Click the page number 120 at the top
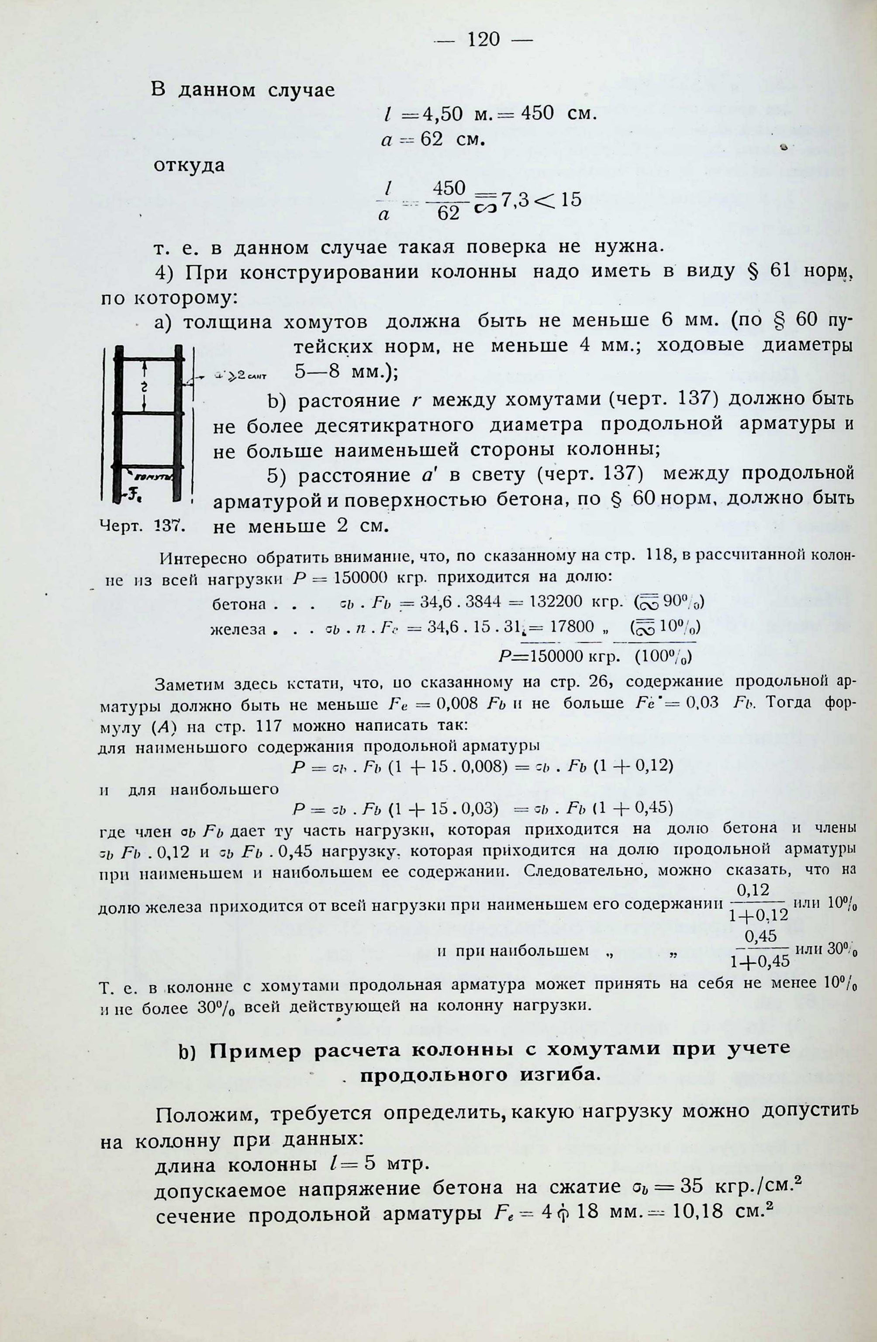click(x=483, y=39)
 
